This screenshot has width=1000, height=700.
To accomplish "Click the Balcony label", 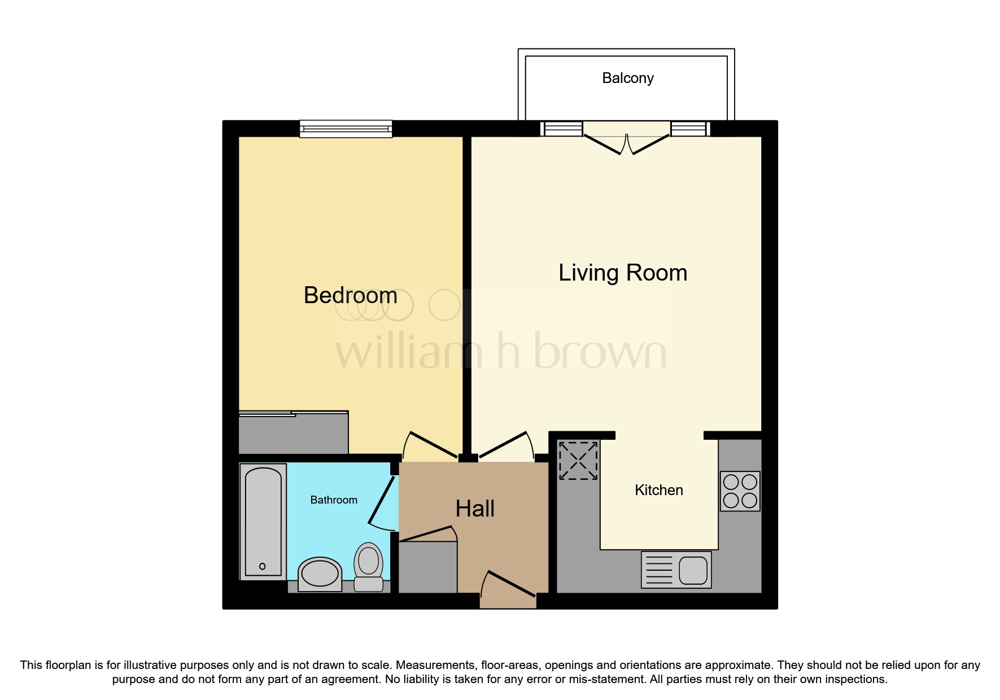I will click(x=627, y=78).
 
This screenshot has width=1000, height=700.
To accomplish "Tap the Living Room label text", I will click(x=622, y=273).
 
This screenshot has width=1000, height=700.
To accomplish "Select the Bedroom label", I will click(x=350, y=295).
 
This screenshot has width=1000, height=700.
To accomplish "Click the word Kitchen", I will click(x=658, y=490).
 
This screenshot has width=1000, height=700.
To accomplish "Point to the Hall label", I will click(x=475, y=509).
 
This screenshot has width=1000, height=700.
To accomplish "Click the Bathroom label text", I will click(x=334, y=500).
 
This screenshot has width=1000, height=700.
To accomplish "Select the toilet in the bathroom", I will click(x=369, y=567).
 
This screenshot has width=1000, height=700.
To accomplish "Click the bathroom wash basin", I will click(x=320, y=574).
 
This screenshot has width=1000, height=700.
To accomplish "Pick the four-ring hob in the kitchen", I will click(x=740, y=491).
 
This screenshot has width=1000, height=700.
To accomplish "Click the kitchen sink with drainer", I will click(x=676, y=570).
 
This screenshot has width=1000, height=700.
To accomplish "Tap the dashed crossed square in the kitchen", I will click(x=578, y=461).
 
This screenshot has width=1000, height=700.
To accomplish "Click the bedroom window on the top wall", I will click(x=346, y=129).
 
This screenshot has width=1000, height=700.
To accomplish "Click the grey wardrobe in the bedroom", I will click(x=293, y=433).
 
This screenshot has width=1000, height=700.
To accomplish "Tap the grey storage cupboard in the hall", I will click(x=428, y=566).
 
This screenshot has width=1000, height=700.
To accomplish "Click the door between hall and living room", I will click(x=504, y=445).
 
